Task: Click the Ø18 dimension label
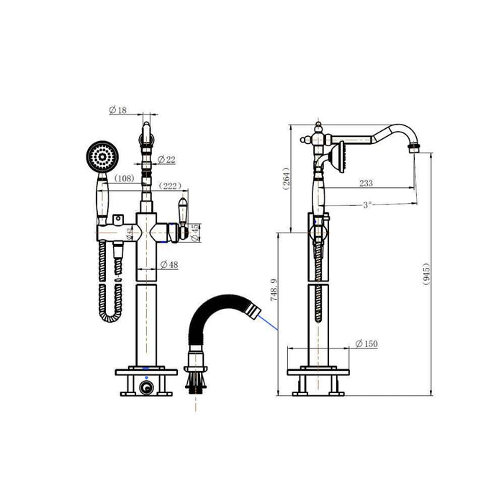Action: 118,110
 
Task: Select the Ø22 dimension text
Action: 166,159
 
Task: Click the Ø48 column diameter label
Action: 169,265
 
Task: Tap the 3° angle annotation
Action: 367,204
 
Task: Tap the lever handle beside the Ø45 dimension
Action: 184,217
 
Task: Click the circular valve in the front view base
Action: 147,388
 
